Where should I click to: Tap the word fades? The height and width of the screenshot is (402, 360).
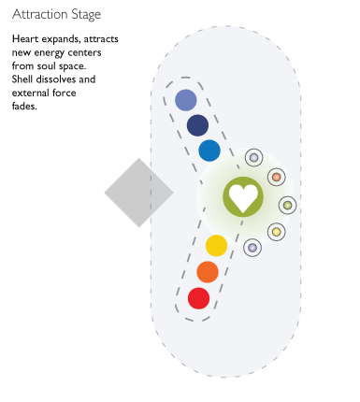point(25,106)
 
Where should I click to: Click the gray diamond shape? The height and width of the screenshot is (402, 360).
point(138,193)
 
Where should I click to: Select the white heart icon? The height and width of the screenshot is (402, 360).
point(243,196)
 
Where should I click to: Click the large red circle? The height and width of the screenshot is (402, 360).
point(198,298)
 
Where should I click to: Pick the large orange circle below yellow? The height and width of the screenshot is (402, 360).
point(208,272)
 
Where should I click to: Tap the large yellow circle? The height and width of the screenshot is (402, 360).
point(216,246)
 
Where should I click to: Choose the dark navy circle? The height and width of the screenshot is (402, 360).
point(197,125)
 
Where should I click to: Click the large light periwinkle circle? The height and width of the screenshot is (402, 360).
point(186,100)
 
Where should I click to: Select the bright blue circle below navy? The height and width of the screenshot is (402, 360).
point(209,151)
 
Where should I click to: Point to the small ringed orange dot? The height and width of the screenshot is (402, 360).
point(276,177)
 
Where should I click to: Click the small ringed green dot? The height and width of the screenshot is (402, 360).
point(288,205)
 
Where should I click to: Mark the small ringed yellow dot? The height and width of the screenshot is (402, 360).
point(276,231)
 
